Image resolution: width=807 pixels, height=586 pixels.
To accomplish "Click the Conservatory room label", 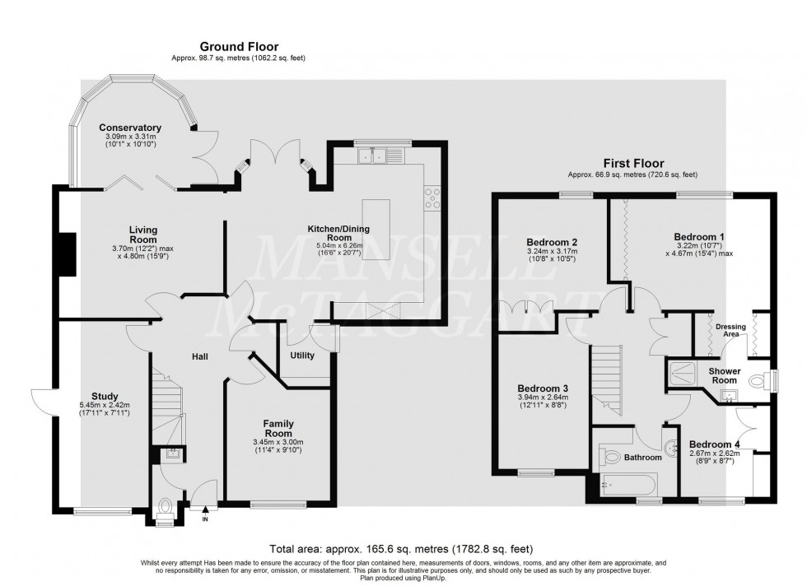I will (130, 128).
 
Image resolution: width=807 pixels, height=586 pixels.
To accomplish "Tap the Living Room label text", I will (142, 235).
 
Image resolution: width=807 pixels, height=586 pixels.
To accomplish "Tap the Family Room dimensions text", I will (278, 446).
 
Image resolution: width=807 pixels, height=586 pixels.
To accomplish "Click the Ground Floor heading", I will (238, 47).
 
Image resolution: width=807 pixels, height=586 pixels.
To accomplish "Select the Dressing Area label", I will (730, 331).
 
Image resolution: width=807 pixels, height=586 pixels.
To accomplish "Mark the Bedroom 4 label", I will (715, 444).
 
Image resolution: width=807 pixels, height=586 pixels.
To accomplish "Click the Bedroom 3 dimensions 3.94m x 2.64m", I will (542, 397).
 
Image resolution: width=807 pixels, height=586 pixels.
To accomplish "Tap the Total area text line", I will (402, 548).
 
